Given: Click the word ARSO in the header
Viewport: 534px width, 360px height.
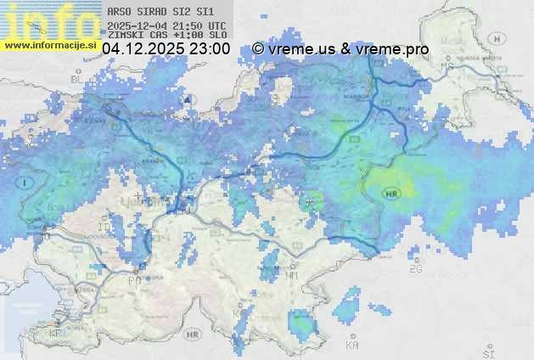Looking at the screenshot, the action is [118, 13].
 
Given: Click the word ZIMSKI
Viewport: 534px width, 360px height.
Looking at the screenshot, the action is [125, 36].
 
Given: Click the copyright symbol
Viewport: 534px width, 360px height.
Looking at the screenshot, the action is [258, 49].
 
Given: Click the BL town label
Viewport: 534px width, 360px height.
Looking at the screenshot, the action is [75, 79].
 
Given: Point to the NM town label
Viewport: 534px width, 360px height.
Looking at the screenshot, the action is [293, 276].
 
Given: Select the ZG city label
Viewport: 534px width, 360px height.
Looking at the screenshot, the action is [415, 269].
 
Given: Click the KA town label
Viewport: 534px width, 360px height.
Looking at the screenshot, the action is [351, 346].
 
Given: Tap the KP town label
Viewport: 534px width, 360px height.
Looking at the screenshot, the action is [56, 334].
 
